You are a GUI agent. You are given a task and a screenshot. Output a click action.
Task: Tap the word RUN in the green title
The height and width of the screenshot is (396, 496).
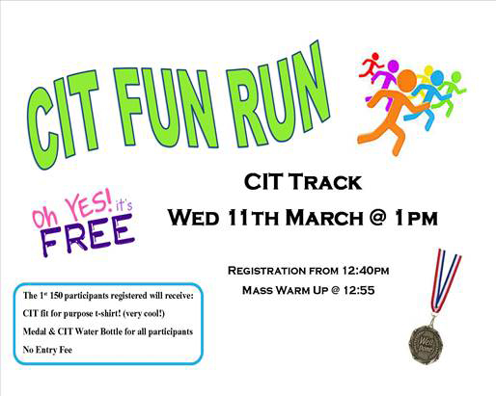277,96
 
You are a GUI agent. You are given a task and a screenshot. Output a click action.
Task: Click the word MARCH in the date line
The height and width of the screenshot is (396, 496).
324,218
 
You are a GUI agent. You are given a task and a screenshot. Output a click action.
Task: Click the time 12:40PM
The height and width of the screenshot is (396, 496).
366,271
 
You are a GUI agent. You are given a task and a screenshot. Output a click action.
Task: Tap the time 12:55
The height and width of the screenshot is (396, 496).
359,290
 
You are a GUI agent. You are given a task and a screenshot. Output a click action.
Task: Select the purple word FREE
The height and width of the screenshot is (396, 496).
88,235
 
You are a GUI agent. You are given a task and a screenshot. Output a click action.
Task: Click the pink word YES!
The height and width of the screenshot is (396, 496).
89,205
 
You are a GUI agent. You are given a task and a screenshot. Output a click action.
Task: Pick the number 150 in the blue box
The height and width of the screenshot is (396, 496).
55,296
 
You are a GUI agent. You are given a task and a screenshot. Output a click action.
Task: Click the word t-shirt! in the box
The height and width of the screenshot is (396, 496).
108,313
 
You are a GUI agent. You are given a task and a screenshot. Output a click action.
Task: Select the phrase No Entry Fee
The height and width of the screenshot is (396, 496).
47,350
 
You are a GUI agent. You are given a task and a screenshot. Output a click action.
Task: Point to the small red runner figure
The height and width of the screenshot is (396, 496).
371,66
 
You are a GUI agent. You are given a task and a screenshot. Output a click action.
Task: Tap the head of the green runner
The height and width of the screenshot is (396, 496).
456,77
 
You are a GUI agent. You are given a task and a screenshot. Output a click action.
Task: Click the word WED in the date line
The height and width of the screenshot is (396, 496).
193,218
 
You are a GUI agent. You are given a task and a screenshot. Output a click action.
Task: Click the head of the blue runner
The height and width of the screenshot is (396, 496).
437,77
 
